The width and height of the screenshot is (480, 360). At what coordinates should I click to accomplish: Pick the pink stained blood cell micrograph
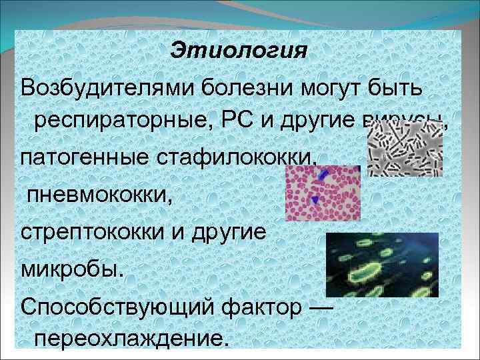pyautogui.click(x=323, y=193)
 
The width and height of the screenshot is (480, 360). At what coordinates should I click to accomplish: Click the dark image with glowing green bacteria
pyautogui.click(x=381, y=265)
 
